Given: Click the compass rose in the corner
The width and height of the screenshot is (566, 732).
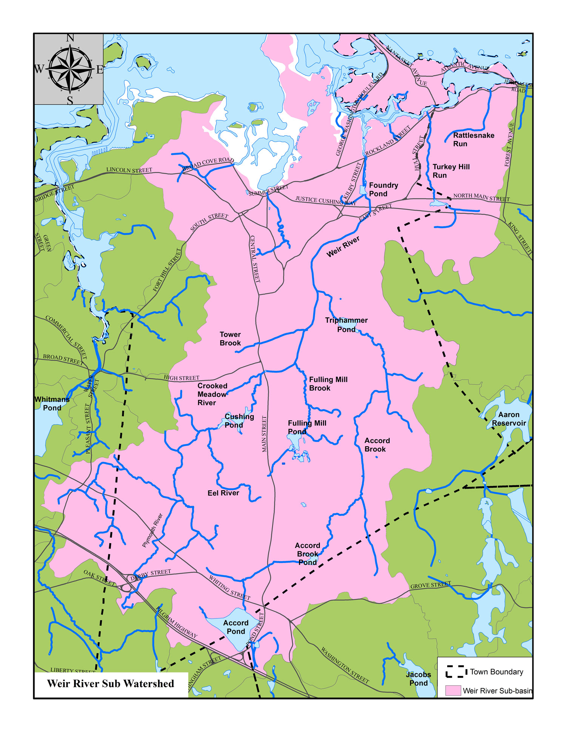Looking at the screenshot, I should pyautogui.click(x=70, y=69).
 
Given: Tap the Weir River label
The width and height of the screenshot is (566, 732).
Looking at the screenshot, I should pyautogui.click(x=343, y=247).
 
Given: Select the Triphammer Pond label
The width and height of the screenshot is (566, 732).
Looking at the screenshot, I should pyautogui.click(x=346, y=325).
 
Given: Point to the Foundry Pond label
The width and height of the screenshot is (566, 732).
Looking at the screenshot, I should pyautogui.click(x=383, y=189).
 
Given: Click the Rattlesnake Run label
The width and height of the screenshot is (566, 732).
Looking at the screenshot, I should pyautogui.click(x=473, y=140).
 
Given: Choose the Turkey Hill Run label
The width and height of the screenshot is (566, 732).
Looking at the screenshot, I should pyautogui.click(x=451, y=171).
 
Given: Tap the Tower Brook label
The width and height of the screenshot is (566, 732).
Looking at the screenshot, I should pyautogui.click(x=230, y=339).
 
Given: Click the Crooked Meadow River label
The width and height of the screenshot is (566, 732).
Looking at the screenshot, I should pyautogui.click(x=212, y=394).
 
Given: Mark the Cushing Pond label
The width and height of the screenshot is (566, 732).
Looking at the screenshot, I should pyautogui.click(x=239, y=420).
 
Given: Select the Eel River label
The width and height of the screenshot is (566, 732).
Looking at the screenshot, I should pyautogui.click(x=223, y=493).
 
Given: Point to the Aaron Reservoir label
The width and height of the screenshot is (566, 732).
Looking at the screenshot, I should pyautogui.click(x=508, y=419).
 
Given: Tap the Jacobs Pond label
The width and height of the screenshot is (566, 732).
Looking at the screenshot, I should pyautogui.click(x=418, y=679).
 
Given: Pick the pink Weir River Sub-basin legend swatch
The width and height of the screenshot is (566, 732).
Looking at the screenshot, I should pyautogui.click(x=453, y=691).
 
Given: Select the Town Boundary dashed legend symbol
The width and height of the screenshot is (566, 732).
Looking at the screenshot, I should pyautogui.click(x=456, y=672).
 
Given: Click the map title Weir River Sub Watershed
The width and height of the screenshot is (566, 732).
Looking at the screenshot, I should pyautogui.click(x=111, y=684).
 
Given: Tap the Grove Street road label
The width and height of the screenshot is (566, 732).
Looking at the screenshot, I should pyautogui.click(x=431, y=585).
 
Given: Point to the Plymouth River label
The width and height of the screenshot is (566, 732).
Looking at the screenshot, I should pyautogui.click(x=152, y=530).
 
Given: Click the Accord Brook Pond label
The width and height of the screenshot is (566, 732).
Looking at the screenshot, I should pyautogui.click(x=307, y=554).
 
